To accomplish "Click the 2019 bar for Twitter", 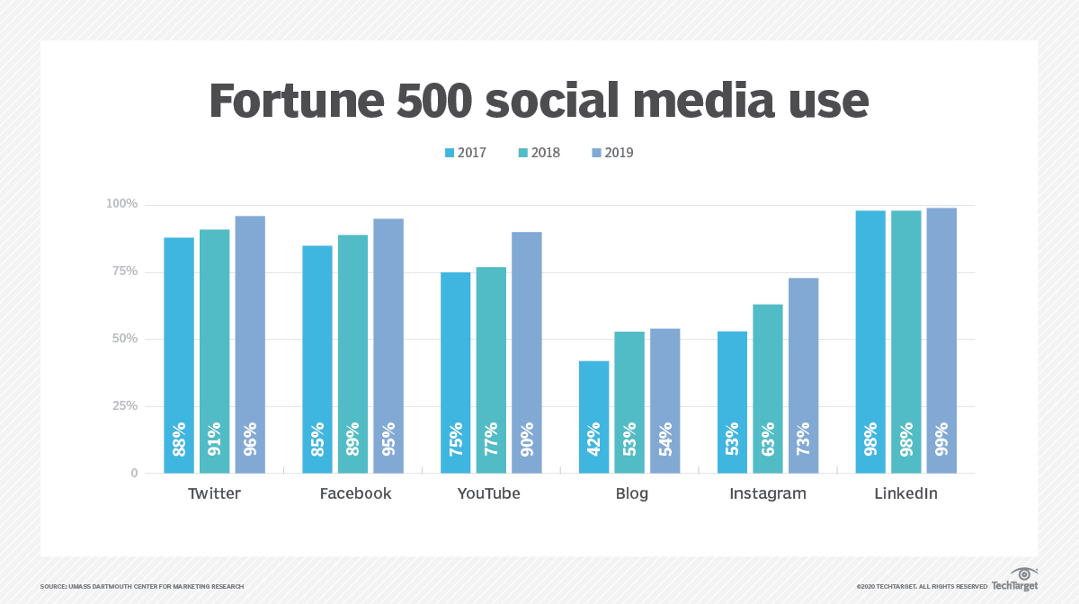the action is (x=250, y=344).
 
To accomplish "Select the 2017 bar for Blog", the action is (x=594, y=417).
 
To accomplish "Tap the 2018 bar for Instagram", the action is (x=768, y=388).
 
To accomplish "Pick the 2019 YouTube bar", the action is (x=527, y=352).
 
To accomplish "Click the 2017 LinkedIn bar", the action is (x=870, y=342).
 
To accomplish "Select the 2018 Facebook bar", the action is (x=352, y=354).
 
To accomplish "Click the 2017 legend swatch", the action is (x=450, y=153).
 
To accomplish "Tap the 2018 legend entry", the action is (x=539, y=153).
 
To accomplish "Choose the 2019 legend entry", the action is (x=612, y=153).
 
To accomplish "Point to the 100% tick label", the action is (x=122, y=204).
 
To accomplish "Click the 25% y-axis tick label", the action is (x=125, y=406).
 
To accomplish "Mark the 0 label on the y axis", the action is (x=134, y=473).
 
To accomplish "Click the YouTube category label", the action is (x=488, y=493).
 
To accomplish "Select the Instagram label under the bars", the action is (x=768, y=494).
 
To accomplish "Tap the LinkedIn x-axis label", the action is (x=906, y=493).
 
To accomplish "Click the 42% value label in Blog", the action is (x=594, y=439).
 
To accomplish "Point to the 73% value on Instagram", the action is (x=804, y=439).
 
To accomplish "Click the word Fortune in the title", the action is (x=297, y=101).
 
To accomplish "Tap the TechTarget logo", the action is (x=1014, y=579).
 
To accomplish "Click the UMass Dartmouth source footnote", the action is (x=142, y=586).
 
